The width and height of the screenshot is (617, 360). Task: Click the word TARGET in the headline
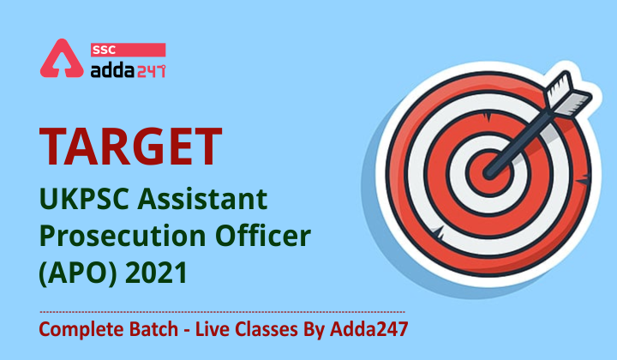click(130, 147)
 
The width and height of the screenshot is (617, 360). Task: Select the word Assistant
click(202, 199)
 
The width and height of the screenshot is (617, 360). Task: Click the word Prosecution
click(123, 236)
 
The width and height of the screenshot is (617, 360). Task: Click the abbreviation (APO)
click(78, 273)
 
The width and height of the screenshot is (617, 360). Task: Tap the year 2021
click(156, 273)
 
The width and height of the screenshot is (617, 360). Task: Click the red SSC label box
click(128, 50)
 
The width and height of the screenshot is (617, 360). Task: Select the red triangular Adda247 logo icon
click(62, 58)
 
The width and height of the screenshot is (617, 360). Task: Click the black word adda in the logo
click(112, 70)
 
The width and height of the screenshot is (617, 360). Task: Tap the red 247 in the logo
click(151, 71)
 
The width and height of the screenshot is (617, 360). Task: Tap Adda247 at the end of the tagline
click(368, 329)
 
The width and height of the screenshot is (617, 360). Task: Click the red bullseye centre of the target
click(489, 173)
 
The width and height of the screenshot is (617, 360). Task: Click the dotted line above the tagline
click(222, 312)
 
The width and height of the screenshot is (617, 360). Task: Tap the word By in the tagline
click(314, 330)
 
